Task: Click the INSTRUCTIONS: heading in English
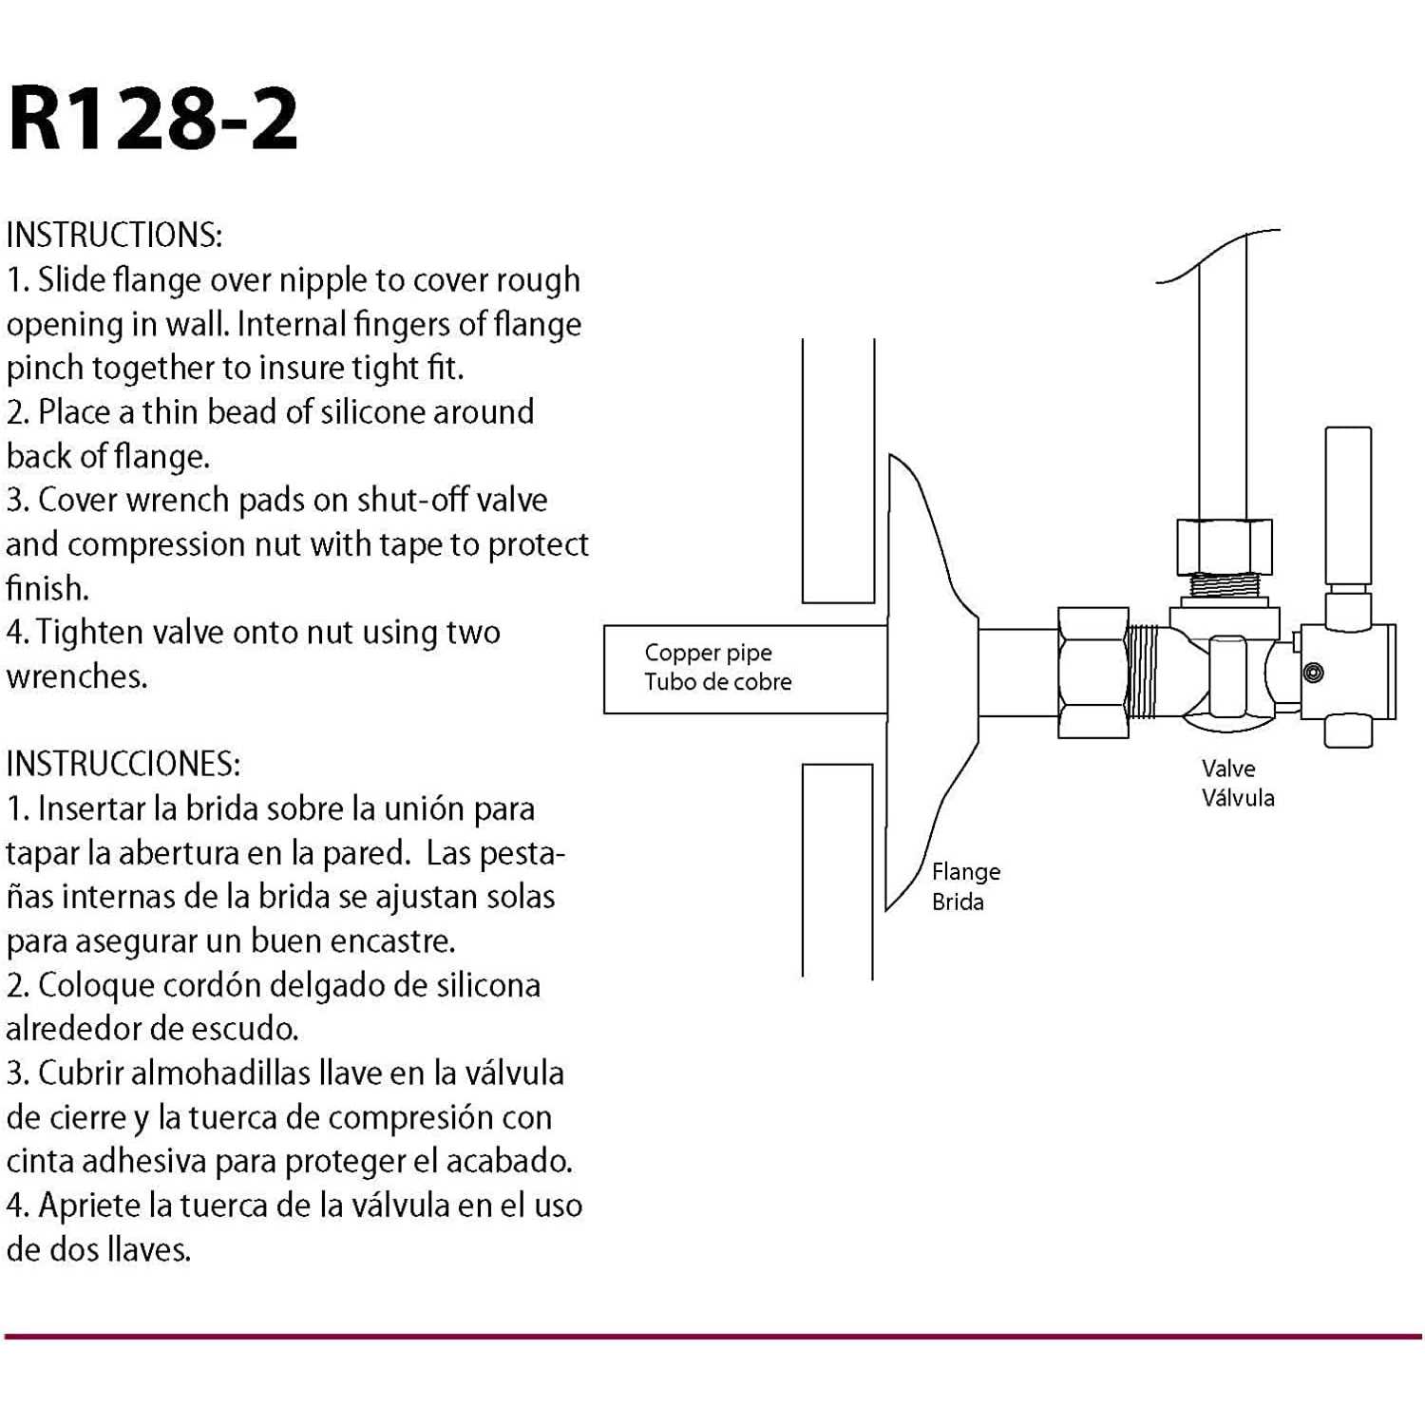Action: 114,236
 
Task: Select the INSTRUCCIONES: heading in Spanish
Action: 123,764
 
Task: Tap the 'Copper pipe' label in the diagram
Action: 708,653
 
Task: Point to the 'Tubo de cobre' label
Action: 717,682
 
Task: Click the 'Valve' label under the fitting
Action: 1227,769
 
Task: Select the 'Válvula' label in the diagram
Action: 1238,798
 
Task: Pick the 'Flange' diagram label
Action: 965,872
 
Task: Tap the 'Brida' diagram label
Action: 958,902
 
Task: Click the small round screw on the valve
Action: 1314,673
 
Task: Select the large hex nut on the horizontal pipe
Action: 1093,673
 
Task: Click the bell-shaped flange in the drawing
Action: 926,674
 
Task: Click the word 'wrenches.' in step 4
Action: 77,676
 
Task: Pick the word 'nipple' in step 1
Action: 318,281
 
